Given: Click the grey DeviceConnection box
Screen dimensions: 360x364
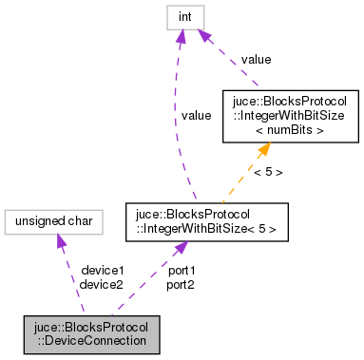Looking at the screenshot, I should point(91,334).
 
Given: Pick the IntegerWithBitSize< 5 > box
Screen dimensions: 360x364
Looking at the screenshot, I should point(194,220).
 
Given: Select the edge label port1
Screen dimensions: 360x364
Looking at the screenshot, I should point(182,270).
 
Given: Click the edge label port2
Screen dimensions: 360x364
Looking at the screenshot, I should point(182,284).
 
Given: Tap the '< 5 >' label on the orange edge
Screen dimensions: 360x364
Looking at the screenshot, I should point(267,172).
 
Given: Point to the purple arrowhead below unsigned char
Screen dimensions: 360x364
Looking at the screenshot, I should point(61,243).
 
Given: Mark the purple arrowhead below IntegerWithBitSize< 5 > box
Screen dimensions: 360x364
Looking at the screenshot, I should point(176,244).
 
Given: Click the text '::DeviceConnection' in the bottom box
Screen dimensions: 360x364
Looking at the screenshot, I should point(91,341).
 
